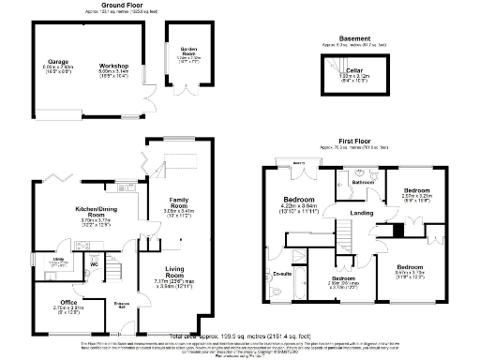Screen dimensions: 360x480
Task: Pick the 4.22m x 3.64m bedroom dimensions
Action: [298, 208]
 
